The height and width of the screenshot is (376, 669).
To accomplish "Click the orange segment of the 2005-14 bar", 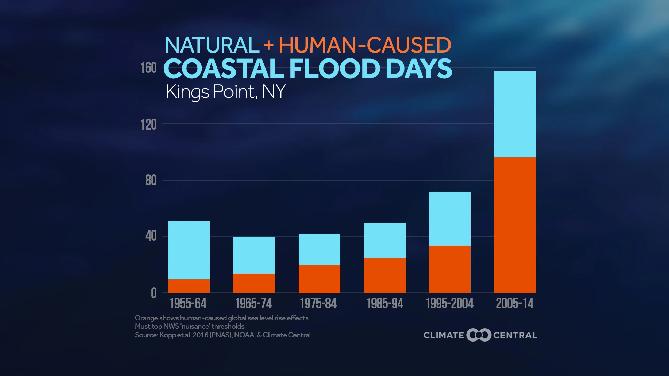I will pyautogui.click(x=515, y=225).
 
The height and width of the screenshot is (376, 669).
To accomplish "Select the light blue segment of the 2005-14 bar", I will pyautogui.click(x=515, y=114).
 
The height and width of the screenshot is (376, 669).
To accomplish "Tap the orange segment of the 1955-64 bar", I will pyautogui.click(x=189, y=286).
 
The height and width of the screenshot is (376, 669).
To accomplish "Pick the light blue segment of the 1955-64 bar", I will pyautogui.click(x=189, y=250).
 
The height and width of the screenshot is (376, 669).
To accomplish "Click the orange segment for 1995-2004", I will pyautogui.click(x=449, y=269).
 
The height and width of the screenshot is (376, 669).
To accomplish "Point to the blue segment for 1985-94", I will pyautogui.click(x=385, y=240).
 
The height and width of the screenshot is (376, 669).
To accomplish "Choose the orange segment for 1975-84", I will pyautogui.click(x=319, y=279).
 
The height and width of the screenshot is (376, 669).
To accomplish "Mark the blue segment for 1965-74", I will pyautogui.click(x=254, y=255).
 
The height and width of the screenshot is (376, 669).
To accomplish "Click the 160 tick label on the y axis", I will pyautogui.click(x=148, y=68).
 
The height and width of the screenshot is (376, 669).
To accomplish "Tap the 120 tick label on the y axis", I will pyautogui.click(x=148, y=124).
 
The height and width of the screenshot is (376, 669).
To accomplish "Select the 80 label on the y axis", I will pyautogui.click(x=151, y=180).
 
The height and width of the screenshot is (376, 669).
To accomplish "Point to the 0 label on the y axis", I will pyautogui.click(x=154, y=293).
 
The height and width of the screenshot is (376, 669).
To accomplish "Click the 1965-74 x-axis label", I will pyautogui.click(x=253, y=304).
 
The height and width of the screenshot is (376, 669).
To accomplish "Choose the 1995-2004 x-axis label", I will pyautogui.click(x=449, y=304).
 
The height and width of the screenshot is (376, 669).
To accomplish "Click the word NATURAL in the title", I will pyautogui.click(x=212, y=45).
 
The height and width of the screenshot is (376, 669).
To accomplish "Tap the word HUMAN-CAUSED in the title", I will pyautogui.click(x=364, y=45).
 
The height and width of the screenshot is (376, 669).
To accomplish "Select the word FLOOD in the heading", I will pyautogui.click(x=334, y=69).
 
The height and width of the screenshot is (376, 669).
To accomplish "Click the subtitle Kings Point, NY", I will pyautogui.click(x=225, y=92).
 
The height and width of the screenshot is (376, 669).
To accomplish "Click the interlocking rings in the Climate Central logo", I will pyautogui.click(x=479, y=335).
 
